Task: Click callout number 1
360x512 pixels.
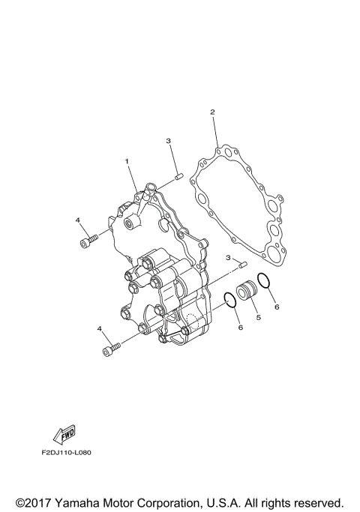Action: (127, 161)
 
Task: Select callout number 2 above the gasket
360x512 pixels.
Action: (212, 112)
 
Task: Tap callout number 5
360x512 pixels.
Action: (258, 317)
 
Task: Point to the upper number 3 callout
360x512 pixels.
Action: (169, 141)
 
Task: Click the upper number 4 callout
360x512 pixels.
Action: (77, 220)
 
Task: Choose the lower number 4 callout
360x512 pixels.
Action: (99, 328)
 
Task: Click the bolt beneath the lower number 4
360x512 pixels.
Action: (109, 349)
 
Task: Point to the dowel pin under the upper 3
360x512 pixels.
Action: (180, 177)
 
